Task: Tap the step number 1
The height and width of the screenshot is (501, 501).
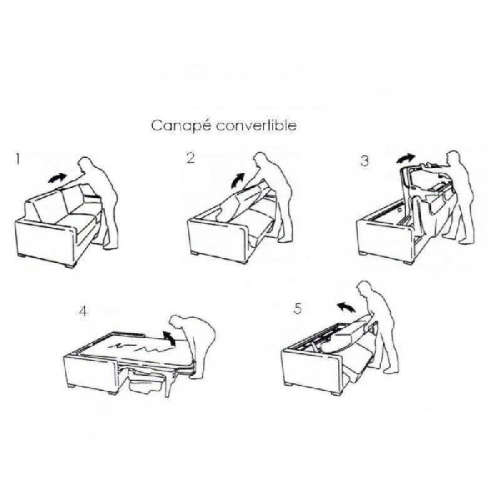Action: point(19,160)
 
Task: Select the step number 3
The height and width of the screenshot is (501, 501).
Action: point(364,161)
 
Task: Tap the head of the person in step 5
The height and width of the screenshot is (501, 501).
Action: point(364,290)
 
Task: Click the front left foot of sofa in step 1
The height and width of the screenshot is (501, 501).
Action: point(25,257)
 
